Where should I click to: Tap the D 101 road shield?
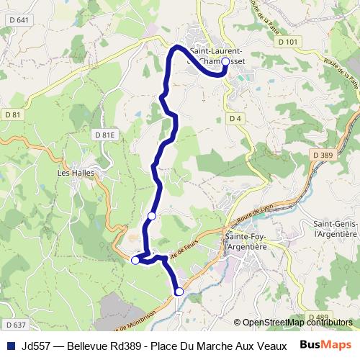click(x=287, y=42)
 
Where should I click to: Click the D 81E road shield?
click(x=104, y=135)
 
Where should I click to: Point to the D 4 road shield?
click(x=234, y=118)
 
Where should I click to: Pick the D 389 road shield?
click(x=324, y=155)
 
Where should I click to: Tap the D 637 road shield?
click(x=14, y=324)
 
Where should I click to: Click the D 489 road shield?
click(x=318, y=317)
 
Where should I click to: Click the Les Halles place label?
click(x=75, y=173)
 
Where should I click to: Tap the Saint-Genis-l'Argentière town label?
click(x=336, y=228)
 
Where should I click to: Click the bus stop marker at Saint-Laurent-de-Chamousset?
click(x=225, y=62)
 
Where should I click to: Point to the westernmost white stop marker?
click(x=135, y=261)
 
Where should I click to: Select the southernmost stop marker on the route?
click(x=179, y=292)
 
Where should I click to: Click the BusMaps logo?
click(x=325, y=345)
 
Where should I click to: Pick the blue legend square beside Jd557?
click(x=11, y=345)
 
